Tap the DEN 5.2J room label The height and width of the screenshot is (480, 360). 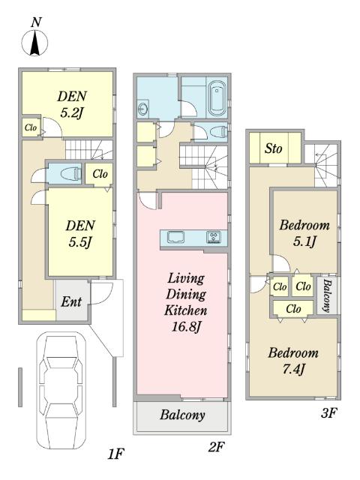72,105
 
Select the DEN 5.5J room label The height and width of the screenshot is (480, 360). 80,234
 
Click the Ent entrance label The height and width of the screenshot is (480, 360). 71,301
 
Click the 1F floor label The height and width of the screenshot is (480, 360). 115,454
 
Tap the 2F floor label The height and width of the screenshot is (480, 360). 216,448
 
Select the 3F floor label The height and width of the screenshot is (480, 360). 328,413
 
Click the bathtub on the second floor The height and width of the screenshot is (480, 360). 217,97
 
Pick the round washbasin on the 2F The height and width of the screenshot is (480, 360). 142,108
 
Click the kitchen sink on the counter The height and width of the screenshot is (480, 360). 175,237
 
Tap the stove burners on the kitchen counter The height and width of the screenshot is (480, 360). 213,237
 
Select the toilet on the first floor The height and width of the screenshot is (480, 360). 70,175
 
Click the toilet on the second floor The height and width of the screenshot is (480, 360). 218,132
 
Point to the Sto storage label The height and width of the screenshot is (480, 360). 273,148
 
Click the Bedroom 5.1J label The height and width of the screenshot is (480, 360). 304,233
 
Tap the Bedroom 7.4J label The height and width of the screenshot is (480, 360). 293,361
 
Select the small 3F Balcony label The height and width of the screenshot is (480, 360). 327,295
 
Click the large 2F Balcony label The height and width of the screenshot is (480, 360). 182,415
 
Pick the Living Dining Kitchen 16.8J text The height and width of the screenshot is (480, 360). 186,302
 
